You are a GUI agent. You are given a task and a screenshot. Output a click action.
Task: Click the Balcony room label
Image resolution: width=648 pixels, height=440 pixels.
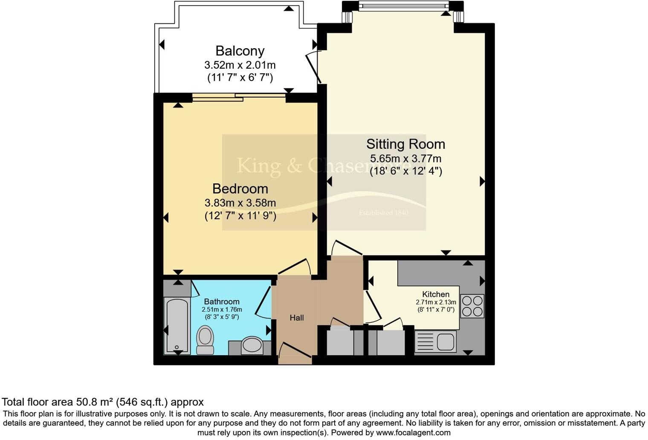point(240,51)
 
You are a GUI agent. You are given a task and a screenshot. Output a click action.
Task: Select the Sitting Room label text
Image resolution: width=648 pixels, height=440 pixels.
point(405,144)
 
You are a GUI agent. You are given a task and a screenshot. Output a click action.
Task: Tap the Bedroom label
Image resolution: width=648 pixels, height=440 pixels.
point(240,188)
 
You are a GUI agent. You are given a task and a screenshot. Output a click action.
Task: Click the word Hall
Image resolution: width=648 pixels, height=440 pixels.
point(297,318)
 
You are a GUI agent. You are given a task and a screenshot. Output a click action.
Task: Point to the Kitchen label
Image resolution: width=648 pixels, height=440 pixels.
point(436,294)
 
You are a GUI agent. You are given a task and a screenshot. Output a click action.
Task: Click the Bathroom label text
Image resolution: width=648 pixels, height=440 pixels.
point(222,301)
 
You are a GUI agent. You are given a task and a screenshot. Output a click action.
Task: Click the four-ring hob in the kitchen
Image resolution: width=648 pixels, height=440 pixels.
point(472,306)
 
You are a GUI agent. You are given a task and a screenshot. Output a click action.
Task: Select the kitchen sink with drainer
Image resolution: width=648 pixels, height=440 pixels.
point(435,342)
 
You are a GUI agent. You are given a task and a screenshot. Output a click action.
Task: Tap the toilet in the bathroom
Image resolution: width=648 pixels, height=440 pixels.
point(205,340)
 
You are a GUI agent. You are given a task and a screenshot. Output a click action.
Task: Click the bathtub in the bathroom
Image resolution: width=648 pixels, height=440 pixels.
point(176,325)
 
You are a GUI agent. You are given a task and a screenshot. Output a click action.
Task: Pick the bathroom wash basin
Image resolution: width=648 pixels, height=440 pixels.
point(252,345)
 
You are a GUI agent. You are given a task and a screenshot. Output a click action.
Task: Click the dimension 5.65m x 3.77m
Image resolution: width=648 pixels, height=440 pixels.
point(405,159)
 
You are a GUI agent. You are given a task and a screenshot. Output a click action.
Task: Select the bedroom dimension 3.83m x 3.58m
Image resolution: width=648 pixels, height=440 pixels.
point(240,203)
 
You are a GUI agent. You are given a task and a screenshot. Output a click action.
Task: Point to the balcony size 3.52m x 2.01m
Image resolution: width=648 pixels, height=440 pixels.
point(240,65)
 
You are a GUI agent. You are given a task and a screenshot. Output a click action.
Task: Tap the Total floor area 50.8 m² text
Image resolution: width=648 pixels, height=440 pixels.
point(102,402)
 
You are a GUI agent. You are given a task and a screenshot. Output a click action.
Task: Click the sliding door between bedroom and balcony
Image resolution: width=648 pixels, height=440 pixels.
point(239,97)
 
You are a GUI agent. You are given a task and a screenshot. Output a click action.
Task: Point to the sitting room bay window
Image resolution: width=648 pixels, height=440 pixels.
point(403,6)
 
